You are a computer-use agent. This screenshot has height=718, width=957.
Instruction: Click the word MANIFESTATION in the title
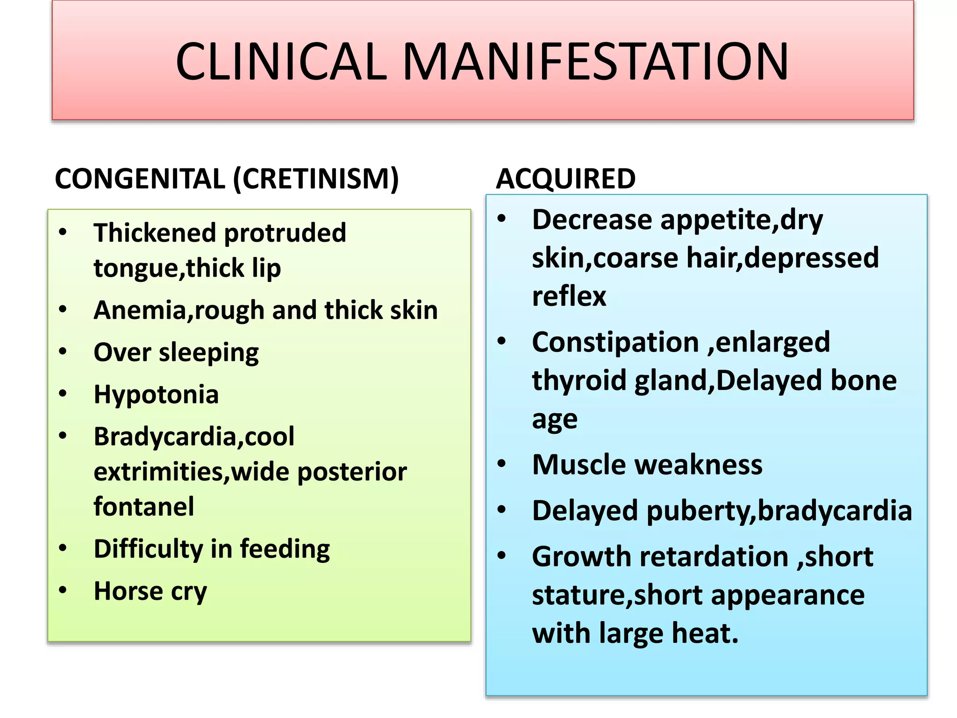tap(595, 61)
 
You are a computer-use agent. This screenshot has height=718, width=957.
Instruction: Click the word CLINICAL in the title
tap(281, 61)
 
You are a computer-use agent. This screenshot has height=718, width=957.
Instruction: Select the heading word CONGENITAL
tap(140, 179)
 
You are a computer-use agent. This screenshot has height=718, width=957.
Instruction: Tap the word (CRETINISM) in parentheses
tap(316, 179)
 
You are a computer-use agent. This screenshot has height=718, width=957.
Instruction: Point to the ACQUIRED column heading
tap(565, 179)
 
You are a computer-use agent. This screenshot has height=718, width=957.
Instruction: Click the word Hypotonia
tap(156, 394)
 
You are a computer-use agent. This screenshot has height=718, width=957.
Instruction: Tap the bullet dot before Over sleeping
tap(63, 352)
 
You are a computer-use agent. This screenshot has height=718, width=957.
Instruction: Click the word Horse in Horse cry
tap(128, 591)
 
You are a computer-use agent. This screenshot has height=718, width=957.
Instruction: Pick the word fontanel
tap(143, 506)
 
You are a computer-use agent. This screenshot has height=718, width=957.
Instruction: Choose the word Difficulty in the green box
tap(148, 549)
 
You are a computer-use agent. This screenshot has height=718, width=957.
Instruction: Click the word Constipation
tap(615, 342)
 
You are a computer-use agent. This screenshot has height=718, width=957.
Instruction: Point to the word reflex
tap(569, 296)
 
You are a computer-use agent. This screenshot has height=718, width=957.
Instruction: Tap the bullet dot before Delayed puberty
tap(502, 510)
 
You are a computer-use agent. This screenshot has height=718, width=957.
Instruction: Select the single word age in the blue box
tap(555, 419)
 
